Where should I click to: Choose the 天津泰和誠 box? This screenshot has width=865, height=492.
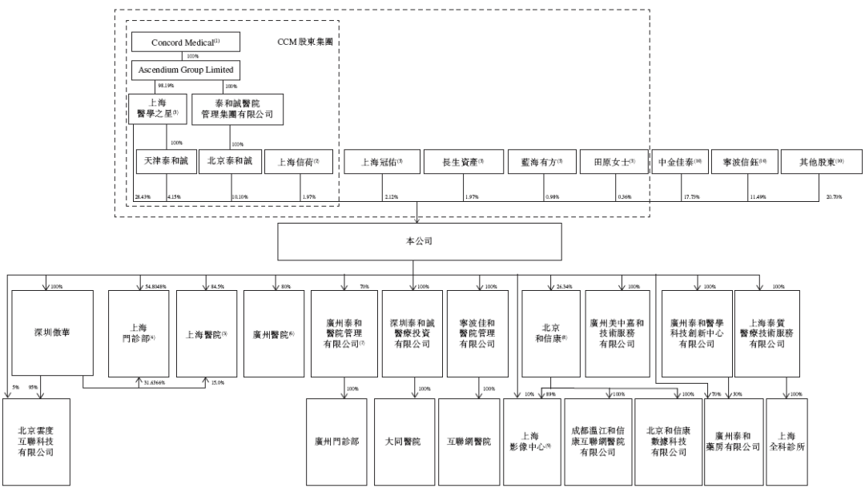[x=166, y=161]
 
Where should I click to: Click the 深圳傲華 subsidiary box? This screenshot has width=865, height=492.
[x=47, y=332]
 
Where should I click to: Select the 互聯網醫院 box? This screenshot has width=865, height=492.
[x=469, y=442]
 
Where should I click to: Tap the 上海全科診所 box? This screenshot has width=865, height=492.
[x=787, y=442]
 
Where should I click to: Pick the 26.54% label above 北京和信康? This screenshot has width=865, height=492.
[x=564, y=286]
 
